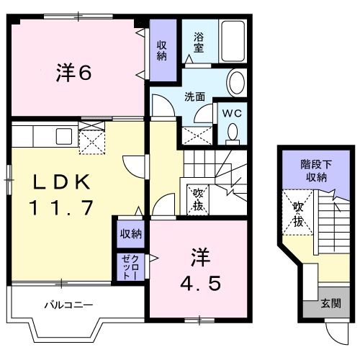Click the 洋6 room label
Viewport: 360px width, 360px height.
(74, 73)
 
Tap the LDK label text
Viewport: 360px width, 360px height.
(60, 181)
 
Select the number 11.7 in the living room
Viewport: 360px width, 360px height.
(61, 209)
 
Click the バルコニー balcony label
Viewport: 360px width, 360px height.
(69, 305)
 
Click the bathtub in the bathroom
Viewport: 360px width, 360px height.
(232, 41)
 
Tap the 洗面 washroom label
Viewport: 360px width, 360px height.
(194, 96)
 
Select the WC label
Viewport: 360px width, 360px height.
(231, 112)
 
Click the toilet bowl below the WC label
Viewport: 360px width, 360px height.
(232, 132)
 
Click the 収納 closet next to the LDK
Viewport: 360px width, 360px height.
(130, 233)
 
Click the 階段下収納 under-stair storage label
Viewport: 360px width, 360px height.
(315, 171)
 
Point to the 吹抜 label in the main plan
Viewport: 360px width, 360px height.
(198, 199)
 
